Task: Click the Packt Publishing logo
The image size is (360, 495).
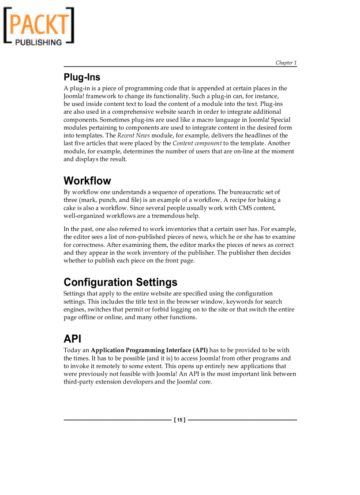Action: click(39, 26)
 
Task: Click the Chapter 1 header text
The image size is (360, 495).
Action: click(286, 63)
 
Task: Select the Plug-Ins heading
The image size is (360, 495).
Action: click(82, 77)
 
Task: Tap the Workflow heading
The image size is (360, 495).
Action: click(87, 181)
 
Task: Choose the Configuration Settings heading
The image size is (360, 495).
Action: click(120, 282)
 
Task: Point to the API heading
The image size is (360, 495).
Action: click(72, 339)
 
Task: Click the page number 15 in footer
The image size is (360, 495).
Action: click(180, 420)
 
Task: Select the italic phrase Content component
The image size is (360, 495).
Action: click(197, 143)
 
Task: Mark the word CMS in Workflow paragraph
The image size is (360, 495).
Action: click(245, 208)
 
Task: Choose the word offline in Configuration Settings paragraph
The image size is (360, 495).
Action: click(87, 317)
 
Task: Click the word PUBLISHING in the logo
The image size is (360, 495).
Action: click(39, 42)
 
